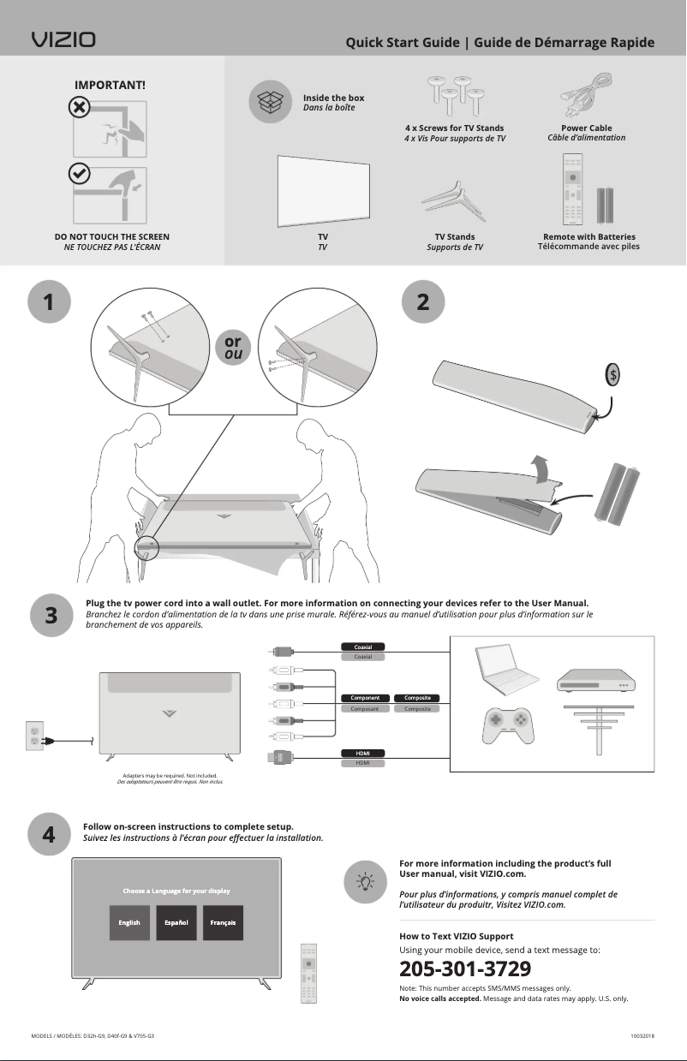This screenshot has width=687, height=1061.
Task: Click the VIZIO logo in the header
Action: [63, 40]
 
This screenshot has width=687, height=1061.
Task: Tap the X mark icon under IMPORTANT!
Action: [78, 107]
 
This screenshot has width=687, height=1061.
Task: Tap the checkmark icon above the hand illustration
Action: [78, 172]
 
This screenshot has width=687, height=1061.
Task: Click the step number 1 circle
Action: [49, 302]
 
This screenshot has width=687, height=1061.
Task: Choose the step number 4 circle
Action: [49, 834]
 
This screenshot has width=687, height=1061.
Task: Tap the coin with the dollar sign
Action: [612, 376]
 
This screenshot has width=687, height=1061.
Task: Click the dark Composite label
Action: [418, 698]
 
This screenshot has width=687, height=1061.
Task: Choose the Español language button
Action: [176, 922]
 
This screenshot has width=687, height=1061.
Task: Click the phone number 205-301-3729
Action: [465, 969]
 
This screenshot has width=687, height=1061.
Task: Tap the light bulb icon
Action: [365, 881]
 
